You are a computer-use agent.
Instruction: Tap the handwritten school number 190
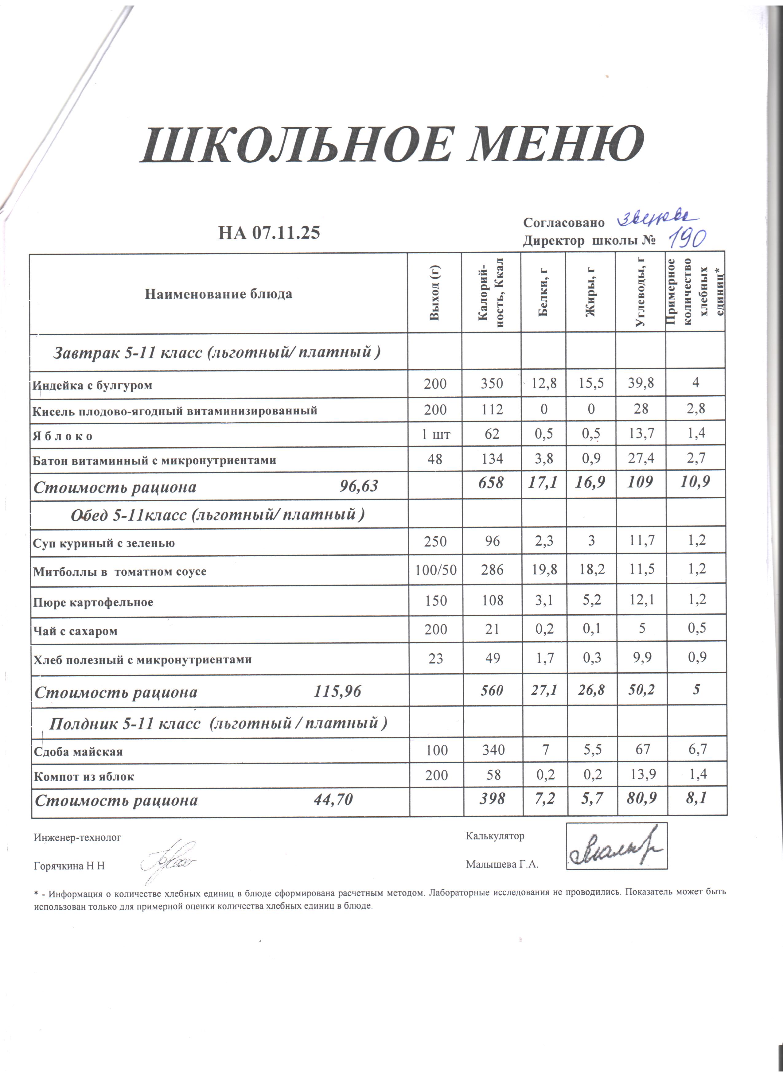pos(687,239)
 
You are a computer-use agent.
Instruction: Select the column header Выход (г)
pos(434,293)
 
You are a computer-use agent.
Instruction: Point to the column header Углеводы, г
pos(640,293)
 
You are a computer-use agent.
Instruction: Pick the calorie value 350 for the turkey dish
pos(492,384)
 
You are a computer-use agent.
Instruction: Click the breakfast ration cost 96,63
pos(359,486)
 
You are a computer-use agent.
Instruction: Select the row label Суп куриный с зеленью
pos(104,543)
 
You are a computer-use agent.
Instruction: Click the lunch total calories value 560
pos(492,690)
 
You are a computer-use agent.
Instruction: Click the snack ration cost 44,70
pos(333,800)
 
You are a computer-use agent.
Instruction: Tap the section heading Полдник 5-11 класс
pos(218,723)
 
